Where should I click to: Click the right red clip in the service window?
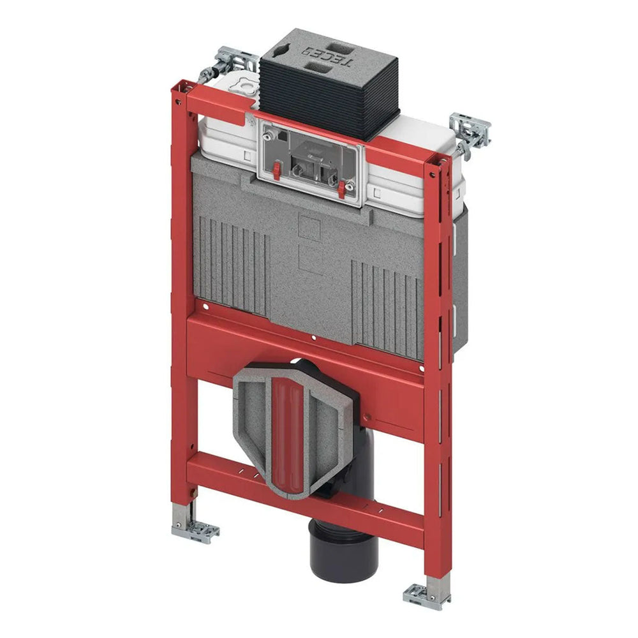tap(343, 189)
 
